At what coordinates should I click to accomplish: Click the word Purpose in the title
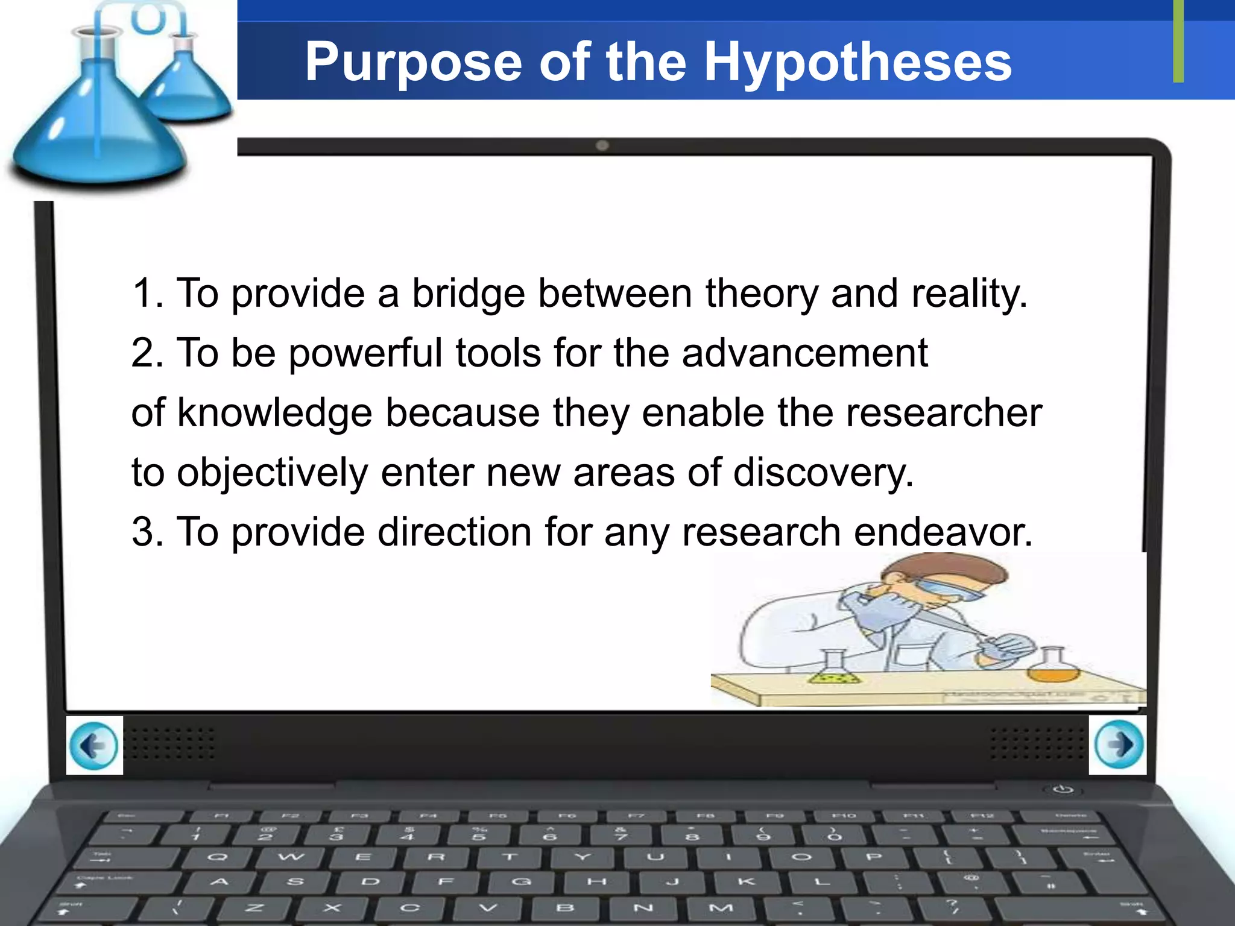coord(413,63)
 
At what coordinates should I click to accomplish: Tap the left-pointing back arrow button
coord(94,745)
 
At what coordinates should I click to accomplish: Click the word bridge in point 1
coord(468,294)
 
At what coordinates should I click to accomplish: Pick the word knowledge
coord(274,414)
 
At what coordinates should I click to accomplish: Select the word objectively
coord(272,473)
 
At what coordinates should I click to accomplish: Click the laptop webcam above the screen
coord(602,145)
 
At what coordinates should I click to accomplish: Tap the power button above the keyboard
coord(1063,789)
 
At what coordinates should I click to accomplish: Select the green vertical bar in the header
coord(1178,41)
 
